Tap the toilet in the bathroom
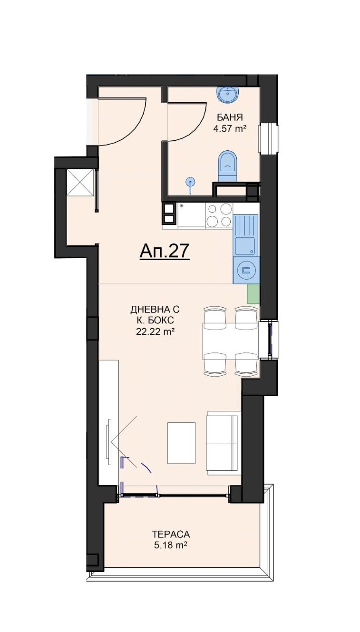pos(228,166)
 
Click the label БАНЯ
pos(230,117)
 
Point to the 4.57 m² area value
pos(229,129)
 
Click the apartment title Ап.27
pos(164,251)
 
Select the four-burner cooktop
pos(220,215)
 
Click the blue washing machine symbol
pos(246,270)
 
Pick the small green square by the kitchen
pos(253,294)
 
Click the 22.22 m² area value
pos(155,332)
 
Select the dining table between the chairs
pos(231,341)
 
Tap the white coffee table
pos(181,443)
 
